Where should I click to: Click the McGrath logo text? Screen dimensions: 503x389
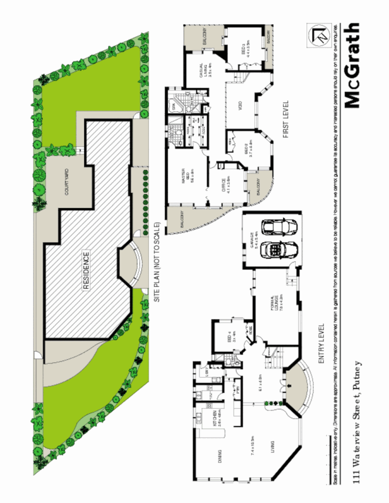click(x=353, y=65)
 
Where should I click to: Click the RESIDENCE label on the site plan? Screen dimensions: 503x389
click(x=86, y=270)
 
